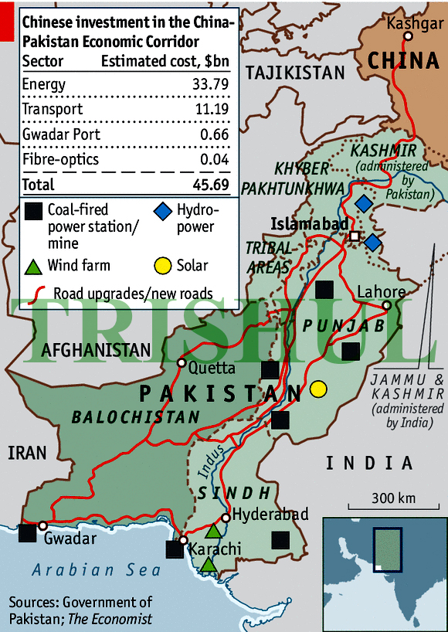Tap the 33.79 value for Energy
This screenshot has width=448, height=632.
pyautogui.click(x=209, y=85)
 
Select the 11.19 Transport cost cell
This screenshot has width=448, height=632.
pyautogui.click(x=210, y=110)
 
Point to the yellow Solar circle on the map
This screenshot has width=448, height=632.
pyautogui.click(x=317, y=389)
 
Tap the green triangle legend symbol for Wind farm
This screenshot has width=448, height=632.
pyautogui.click(x=32, y=267)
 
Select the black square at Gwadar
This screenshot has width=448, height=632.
pyautogui.click(x=27, y=532)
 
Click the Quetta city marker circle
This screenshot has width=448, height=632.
pyautogui.click(x=181, y=362)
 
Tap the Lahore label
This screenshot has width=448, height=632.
pyautogui.click(x=380, y=292)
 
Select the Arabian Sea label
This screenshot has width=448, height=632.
pyautogui.click(x=97, y=571)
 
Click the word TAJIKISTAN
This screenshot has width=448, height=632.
pyautogui.click(x=294, y=73)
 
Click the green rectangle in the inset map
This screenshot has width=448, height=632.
pyautogui.click(x=386, y=550)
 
